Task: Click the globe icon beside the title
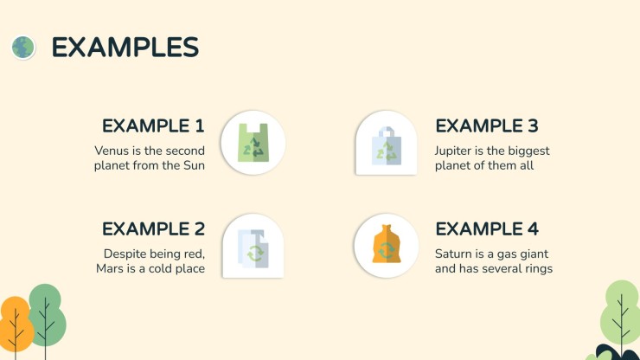click(23, 48)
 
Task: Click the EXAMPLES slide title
click(125, 48)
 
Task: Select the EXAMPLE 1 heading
click(153, 125)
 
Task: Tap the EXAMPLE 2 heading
click(153, 228)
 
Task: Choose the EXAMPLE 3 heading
click(487, 125)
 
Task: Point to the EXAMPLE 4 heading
click(487, 228)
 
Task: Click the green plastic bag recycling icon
click(253, 143)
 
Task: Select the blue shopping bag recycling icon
click(386, 145)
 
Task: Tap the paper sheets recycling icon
click(253, 249)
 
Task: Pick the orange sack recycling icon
click(386, 243)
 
